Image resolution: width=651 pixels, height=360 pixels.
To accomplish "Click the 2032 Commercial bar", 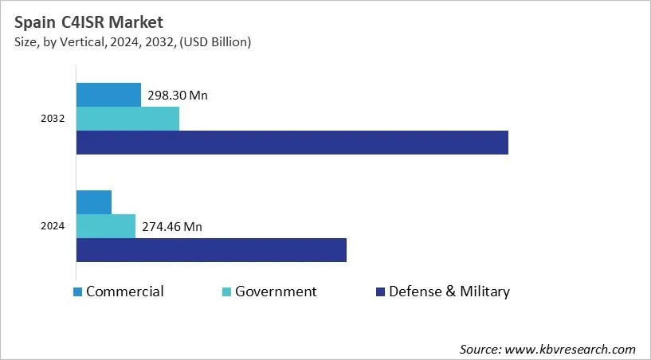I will point(108,94).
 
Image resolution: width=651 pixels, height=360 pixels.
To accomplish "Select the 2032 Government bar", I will point(127,119).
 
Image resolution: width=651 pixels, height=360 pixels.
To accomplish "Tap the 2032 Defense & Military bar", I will point(292,143).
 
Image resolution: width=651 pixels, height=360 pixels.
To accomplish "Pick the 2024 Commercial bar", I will point(94,202).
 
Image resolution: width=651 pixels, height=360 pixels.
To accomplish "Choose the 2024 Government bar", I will point(106,226).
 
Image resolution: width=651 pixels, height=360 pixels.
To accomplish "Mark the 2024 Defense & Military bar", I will point(211,250).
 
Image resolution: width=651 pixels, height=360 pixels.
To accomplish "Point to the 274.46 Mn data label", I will point(171,227).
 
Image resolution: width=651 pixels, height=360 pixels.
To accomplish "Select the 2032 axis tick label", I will point(53,119).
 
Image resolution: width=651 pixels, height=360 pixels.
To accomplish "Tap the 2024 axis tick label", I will point(53,226).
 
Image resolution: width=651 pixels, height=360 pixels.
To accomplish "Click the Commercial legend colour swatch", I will point(77,292).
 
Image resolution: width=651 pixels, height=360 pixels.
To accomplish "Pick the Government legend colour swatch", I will point(226,292).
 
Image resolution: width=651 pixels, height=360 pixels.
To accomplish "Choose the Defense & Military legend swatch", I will point(380,292).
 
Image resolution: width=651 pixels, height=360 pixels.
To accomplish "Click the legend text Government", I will point(276,292).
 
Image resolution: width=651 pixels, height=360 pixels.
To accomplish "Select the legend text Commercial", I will point(125,292).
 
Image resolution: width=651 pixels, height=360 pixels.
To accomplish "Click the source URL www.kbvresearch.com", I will point(571,349).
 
